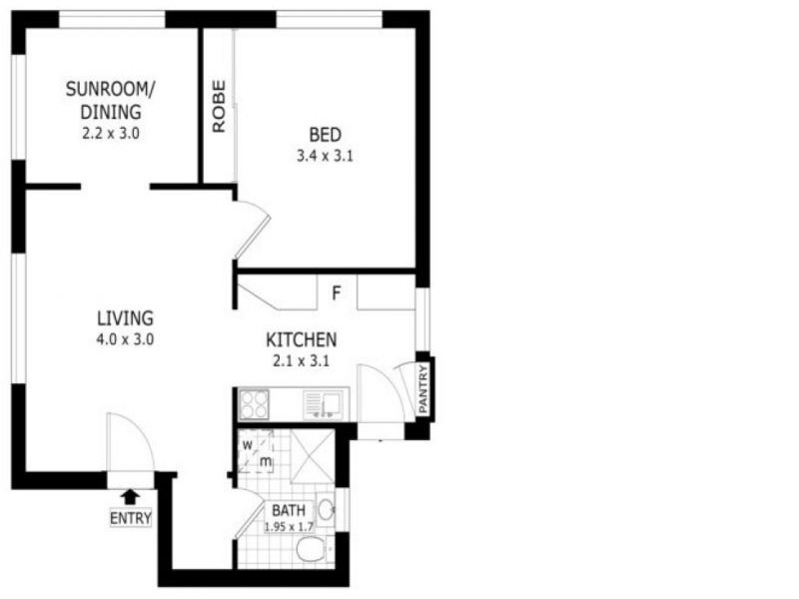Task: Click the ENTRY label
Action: point(131,518)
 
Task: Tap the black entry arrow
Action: point(130,496)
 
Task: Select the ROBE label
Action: point(219,106)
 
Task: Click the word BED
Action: point(326,135)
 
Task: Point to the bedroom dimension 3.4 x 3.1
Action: point(326,156)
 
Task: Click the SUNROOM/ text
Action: point(111,89)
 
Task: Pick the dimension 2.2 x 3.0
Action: point(111,132)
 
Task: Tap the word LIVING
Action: point(125,318)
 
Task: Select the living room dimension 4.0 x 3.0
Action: point(125,339)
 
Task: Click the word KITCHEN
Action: point(301,340)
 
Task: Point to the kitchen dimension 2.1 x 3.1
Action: point(301,361)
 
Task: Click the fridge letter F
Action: point(337,294)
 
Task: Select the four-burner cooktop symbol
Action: point(254,404)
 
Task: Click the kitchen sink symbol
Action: point(324,404)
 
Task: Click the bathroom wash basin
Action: point(328,509)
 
